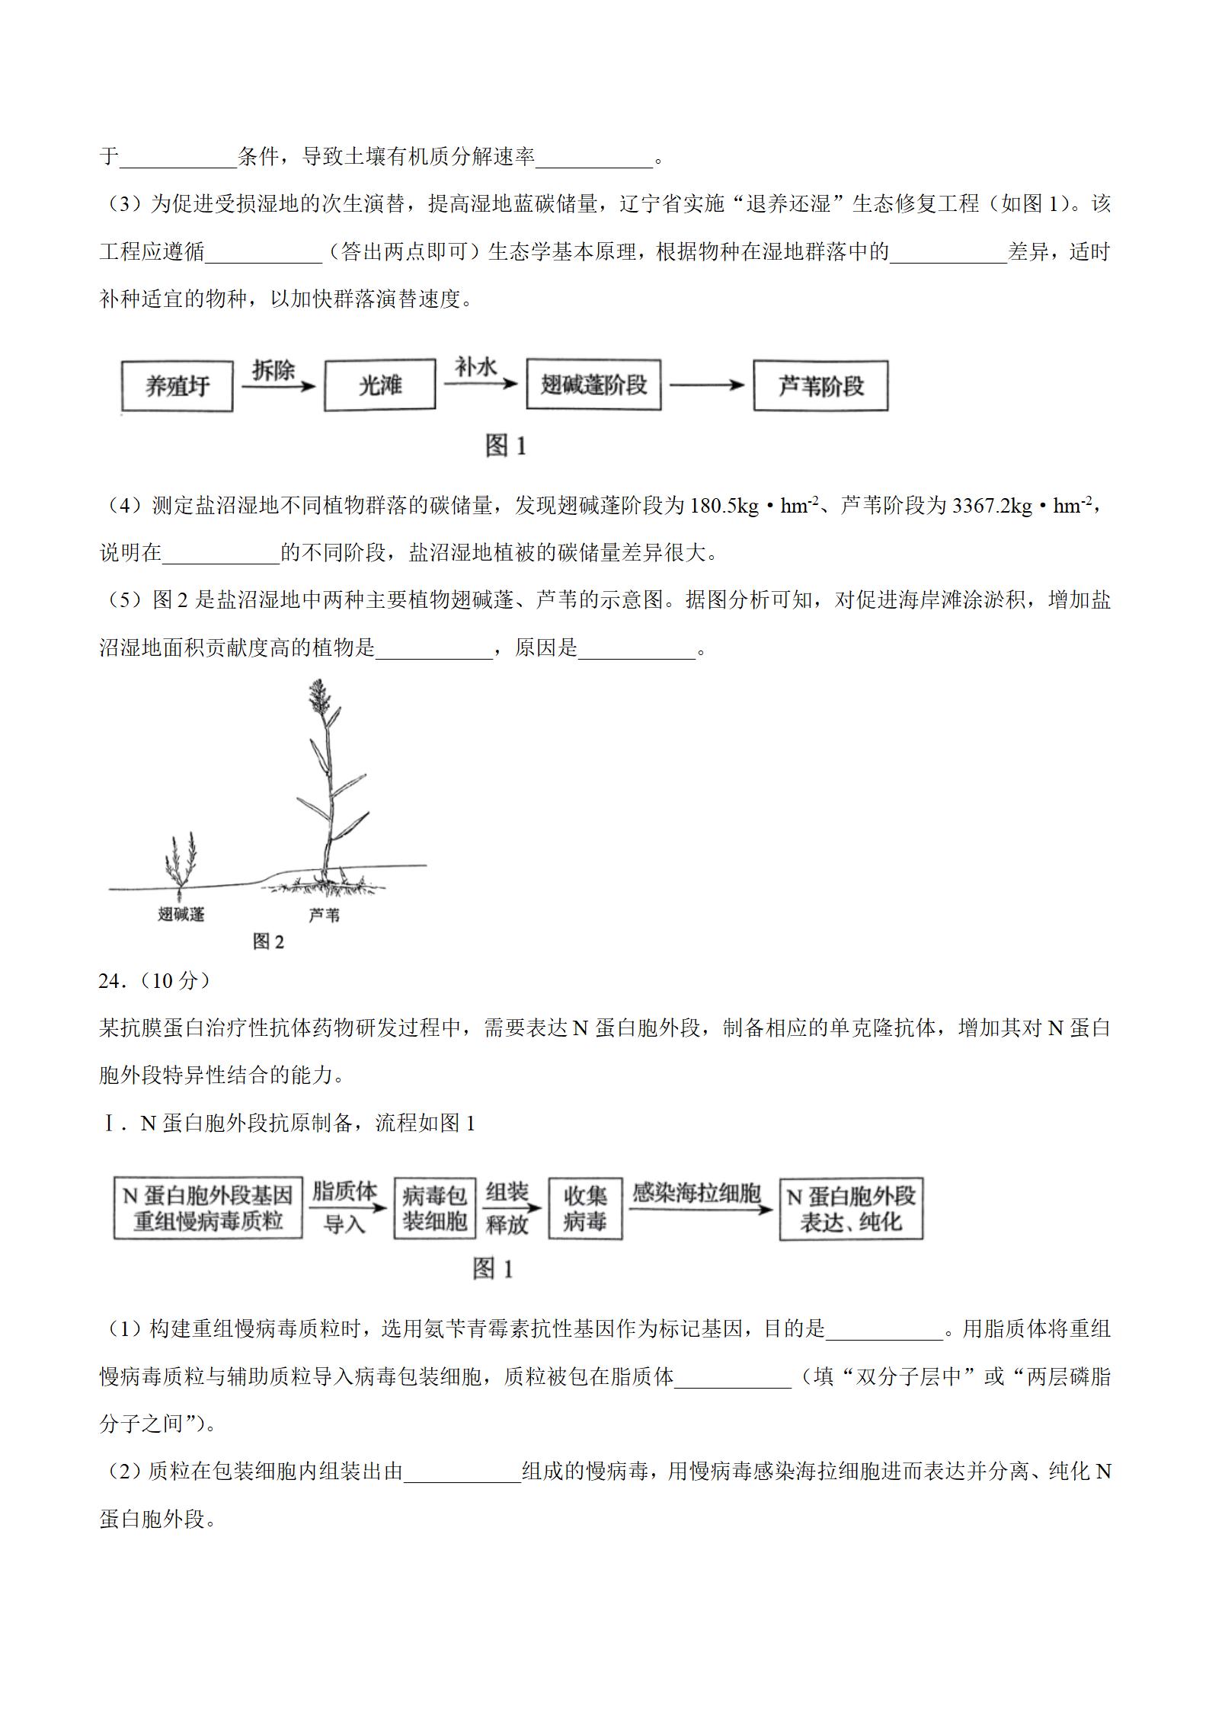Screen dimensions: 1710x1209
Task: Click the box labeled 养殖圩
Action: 177,387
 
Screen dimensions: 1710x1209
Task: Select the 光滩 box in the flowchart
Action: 379,386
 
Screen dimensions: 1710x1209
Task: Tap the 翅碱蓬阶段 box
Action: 593,385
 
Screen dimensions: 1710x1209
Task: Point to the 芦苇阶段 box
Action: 820,386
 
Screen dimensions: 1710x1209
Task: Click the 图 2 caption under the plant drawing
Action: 268,942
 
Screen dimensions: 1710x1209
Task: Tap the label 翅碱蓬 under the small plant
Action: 181,914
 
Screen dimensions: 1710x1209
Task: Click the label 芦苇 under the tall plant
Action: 324,915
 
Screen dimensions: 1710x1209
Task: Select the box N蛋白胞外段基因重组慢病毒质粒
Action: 208,1209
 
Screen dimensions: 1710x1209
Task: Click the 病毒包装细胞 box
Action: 434,1209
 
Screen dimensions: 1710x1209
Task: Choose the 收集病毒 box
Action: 584,1209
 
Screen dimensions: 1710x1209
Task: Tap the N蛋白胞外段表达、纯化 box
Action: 850,1209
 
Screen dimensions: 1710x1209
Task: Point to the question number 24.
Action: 111,981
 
